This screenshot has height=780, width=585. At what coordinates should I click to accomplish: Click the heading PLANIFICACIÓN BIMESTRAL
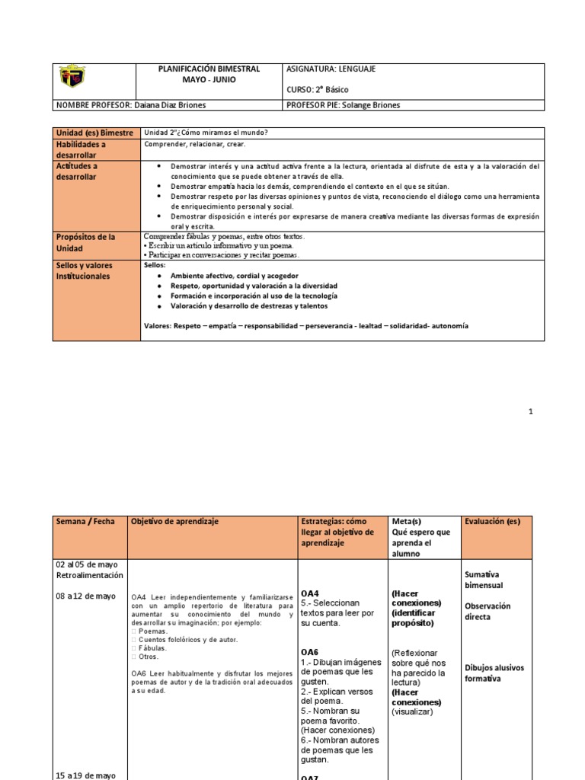coord(209,69)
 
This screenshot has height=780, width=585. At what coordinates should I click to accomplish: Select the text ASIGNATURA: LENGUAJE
coord(331,69)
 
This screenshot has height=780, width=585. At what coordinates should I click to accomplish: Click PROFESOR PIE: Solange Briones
coord(342,106)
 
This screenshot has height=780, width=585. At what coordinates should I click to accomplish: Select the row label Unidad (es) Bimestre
coord(94,133)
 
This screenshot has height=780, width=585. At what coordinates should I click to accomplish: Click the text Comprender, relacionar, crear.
coord(195,144)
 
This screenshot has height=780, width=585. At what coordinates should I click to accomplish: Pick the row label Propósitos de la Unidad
coord(85,243)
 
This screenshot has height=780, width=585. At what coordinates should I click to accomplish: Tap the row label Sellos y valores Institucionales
coord(88,270)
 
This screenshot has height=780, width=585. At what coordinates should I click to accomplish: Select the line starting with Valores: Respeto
coord(306,325)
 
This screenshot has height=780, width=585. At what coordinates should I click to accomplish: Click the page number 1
coord(531,411)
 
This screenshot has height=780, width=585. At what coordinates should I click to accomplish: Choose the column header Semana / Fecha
coord(85,521)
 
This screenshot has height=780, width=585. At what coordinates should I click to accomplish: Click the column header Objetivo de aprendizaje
coord(174,521)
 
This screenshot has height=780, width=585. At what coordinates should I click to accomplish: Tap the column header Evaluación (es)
coord(492,521)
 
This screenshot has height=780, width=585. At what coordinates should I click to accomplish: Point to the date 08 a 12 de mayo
coord(85,596)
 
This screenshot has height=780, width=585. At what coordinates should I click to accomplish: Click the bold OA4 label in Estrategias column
coord(309,593)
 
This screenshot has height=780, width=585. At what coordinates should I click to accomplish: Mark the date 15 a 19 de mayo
coord(85,775)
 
